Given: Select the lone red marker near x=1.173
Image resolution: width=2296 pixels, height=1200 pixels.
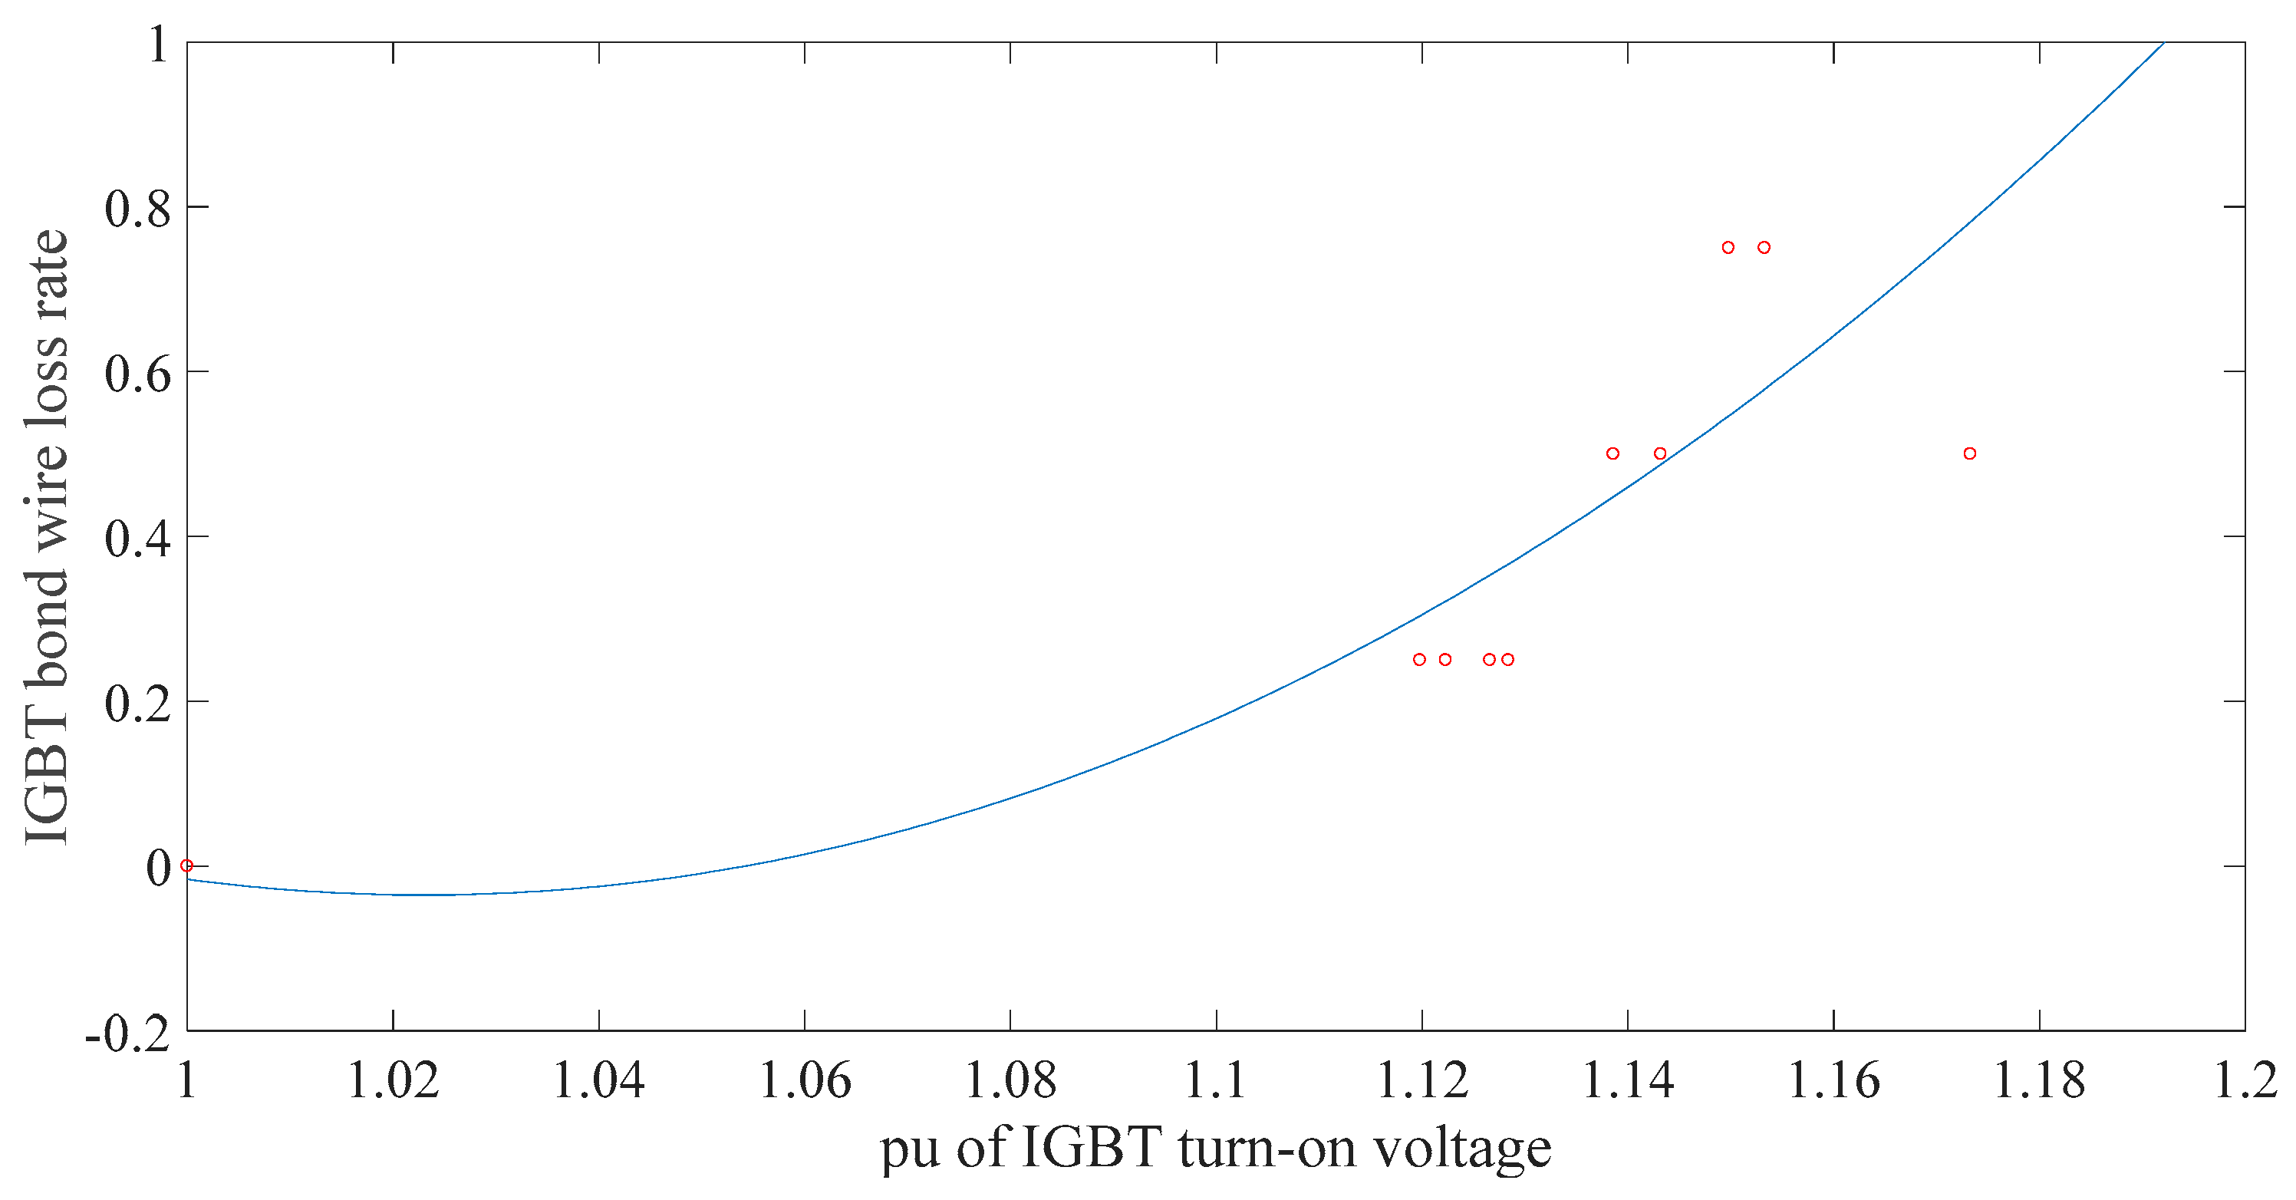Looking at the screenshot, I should pos(1970,453).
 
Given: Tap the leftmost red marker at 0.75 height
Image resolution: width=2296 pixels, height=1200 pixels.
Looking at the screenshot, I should pos(1728,248).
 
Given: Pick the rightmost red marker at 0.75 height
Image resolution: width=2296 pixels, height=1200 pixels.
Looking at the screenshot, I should pos(1764,248).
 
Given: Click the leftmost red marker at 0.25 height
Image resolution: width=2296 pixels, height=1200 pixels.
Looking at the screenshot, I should pos(1420,660).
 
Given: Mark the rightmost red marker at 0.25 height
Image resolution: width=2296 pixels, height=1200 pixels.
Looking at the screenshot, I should pos(1508,660).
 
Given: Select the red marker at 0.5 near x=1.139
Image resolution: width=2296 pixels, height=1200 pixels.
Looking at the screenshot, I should pos(1612,453).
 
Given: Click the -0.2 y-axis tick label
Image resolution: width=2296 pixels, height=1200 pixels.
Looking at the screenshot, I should pos(127,1034).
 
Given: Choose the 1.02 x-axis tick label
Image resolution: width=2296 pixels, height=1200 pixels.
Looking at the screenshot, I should pos(393,1080).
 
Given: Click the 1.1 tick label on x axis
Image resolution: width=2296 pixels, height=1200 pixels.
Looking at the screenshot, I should pos(1216,1080).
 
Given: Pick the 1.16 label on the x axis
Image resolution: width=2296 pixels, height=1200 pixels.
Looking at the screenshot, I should pos(1833,1080).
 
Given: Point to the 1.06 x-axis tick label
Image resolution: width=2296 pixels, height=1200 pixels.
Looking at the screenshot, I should pos(805,1080).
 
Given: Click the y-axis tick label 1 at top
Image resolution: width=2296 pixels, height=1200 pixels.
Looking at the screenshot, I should pos(159,44).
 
